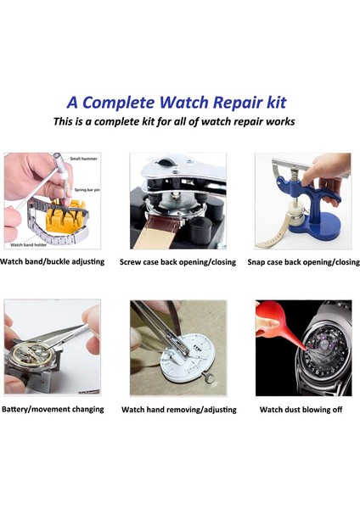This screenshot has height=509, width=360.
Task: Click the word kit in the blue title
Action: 282,103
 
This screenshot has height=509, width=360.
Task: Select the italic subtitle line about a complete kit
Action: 174,122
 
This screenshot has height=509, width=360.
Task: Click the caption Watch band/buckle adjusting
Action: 53,261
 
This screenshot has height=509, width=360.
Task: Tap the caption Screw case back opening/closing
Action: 179,262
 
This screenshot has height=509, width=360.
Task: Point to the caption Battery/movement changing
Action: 53,409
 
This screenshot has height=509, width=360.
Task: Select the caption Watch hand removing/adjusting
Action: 179,410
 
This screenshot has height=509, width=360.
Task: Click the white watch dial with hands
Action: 187,361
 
